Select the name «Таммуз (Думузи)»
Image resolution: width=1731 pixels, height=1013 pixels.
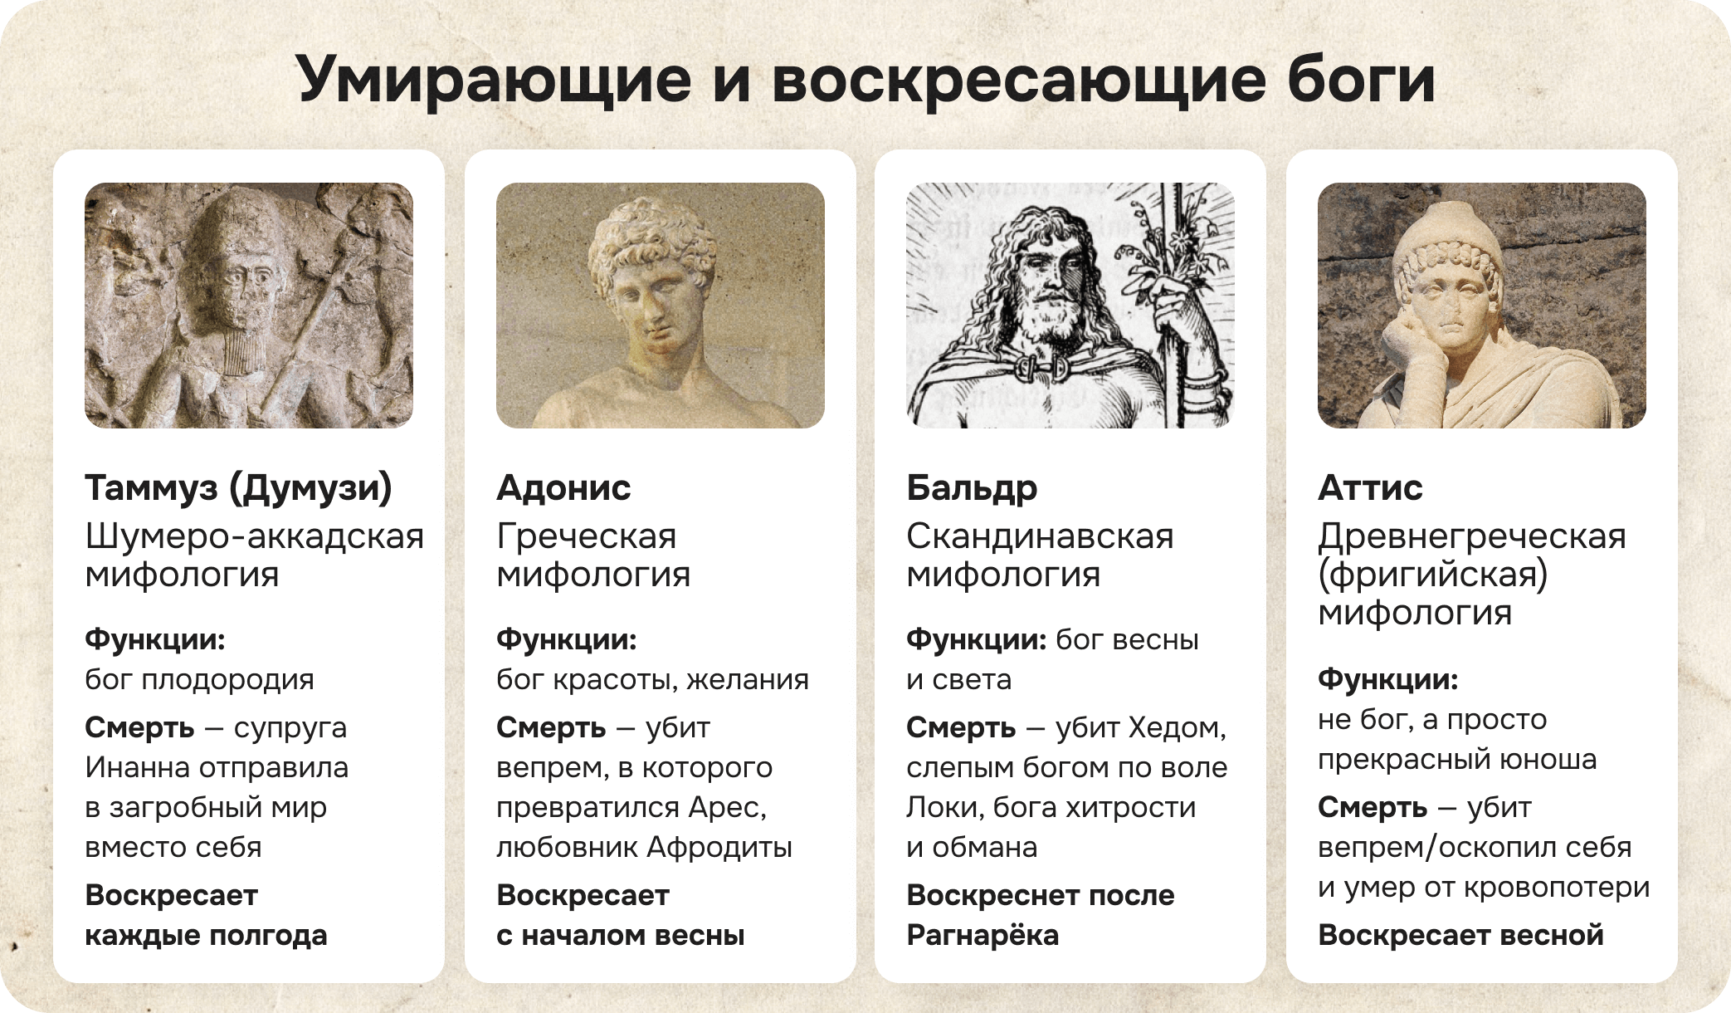coord(238,488)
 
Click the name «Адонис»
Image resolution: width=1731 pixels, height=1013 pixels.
coord(563,488)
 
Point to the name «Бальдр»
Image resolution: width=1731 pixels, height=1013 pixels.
coord(972,488)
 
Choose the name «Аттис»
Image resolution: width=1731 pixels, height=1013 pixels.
coord(1370,488)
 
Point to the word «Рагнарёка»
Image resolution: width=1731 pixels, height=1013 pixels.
coord(983,935)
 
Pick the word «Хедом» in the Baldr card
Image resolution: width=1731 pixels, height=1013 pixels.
coord(1178,727)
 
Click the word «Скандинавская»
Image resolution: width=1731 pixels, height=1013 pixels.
coord(1040,536)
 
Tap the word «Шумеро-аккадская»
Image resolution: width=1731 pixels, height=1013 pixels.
coord(255,536)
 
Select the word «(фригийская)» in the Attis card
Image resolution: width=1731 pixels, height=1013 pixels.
coord(1432,575)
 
